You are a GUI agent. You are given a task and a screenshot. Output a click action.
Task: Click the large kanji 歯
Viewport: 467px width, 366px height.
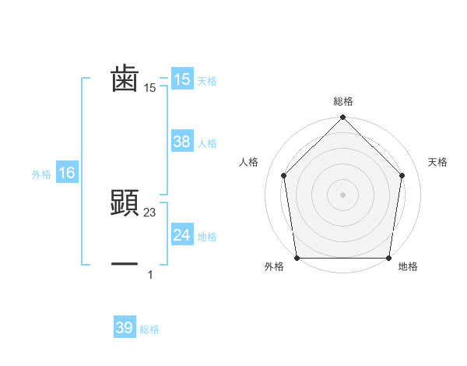[125, 79]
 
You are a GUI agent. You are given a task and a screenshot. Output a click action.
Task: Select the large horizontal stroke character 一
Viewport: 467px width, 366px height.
[125, 265]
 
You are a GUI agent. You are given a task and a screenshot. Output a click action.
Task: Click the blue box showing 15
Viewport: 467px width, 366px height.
[181, 79]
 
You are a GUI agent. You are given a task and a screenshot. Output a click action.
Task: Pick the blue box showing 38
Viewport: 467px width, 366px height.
[181, 142]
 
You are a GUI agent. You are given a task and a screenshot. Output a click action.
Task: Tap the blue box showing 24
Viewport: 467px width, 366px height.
[181, 235]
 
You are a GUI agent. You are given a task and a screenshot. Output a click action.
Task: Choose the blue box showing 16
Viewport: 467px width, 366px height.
[66, 173]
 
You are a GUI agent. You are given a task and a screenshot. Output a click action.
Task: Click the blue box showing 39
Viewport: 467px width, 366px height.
[124, 328]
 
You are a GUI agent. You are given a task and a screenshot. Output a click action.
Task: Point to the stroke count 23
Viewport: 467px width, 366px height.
[150, 212]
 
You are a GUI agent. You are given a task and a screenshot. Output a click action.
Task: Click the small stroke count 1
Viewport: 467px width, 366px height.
[150, 274]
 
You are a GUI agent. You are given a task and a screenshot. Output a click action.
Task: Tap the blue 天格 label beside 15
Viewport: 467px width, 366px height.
[207, 81]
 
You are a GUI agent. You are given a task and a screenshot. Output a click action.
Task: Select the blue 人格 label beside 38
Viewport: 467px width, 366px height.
[207, 143]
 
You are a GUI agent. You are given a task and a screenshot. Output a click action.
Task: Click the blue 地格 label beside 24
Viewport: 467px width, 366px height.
[207, 237]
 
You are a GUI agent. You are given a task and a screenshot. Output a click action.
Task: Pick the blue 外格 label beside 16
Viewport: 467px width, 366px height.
[41, 174]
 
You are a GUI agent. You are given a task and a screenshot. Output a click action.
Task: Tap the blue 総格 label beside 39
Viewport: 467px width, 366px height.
[149, 329]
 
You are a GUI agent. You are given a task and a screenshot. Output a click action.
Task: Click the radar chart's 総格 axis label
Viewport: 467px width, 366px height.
[343, 101]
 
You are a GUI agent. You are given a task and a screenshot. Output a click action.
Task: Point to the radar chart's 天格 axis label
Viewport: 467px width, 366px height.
[437, 162]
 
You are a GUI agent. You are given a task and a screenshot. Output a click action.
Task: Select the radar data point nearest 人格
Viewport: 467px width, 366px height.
[284, 175]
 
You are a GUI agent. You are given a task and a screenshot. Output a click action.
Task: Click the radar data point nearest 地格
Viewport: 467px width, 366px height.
[389, 258]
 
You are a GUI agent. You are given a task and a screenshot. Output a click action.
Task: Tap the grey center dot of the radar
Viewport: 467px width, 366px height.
[343, 194]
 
